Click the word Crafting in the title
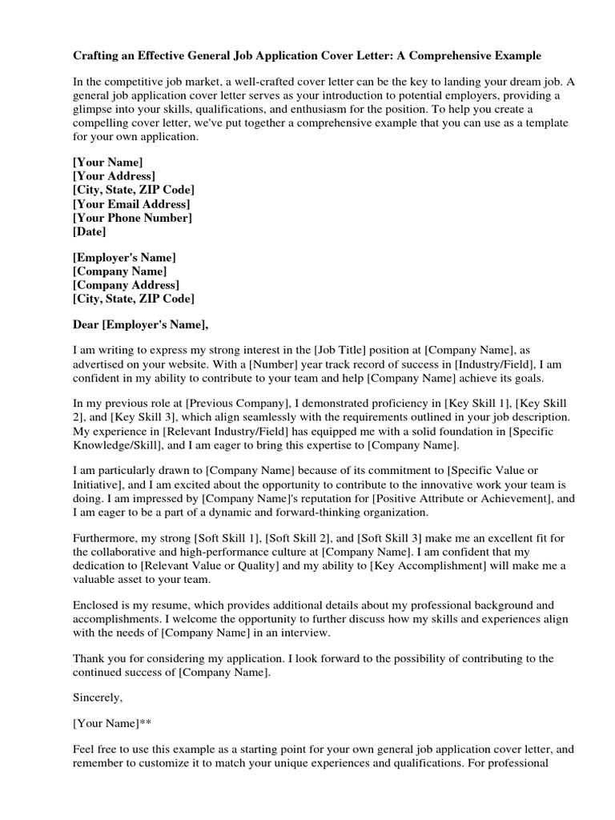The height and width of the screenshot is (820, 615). coord(98,56)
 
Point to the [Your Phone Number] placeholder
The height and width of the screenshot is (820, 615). coord(132,218)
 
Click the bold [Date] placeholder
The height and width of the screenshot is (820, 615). coord(89,232)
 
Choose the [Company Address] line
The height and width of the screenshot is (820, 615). coord(126,286)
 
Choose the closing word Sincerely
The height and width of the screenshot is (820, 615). coord(98,697)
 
